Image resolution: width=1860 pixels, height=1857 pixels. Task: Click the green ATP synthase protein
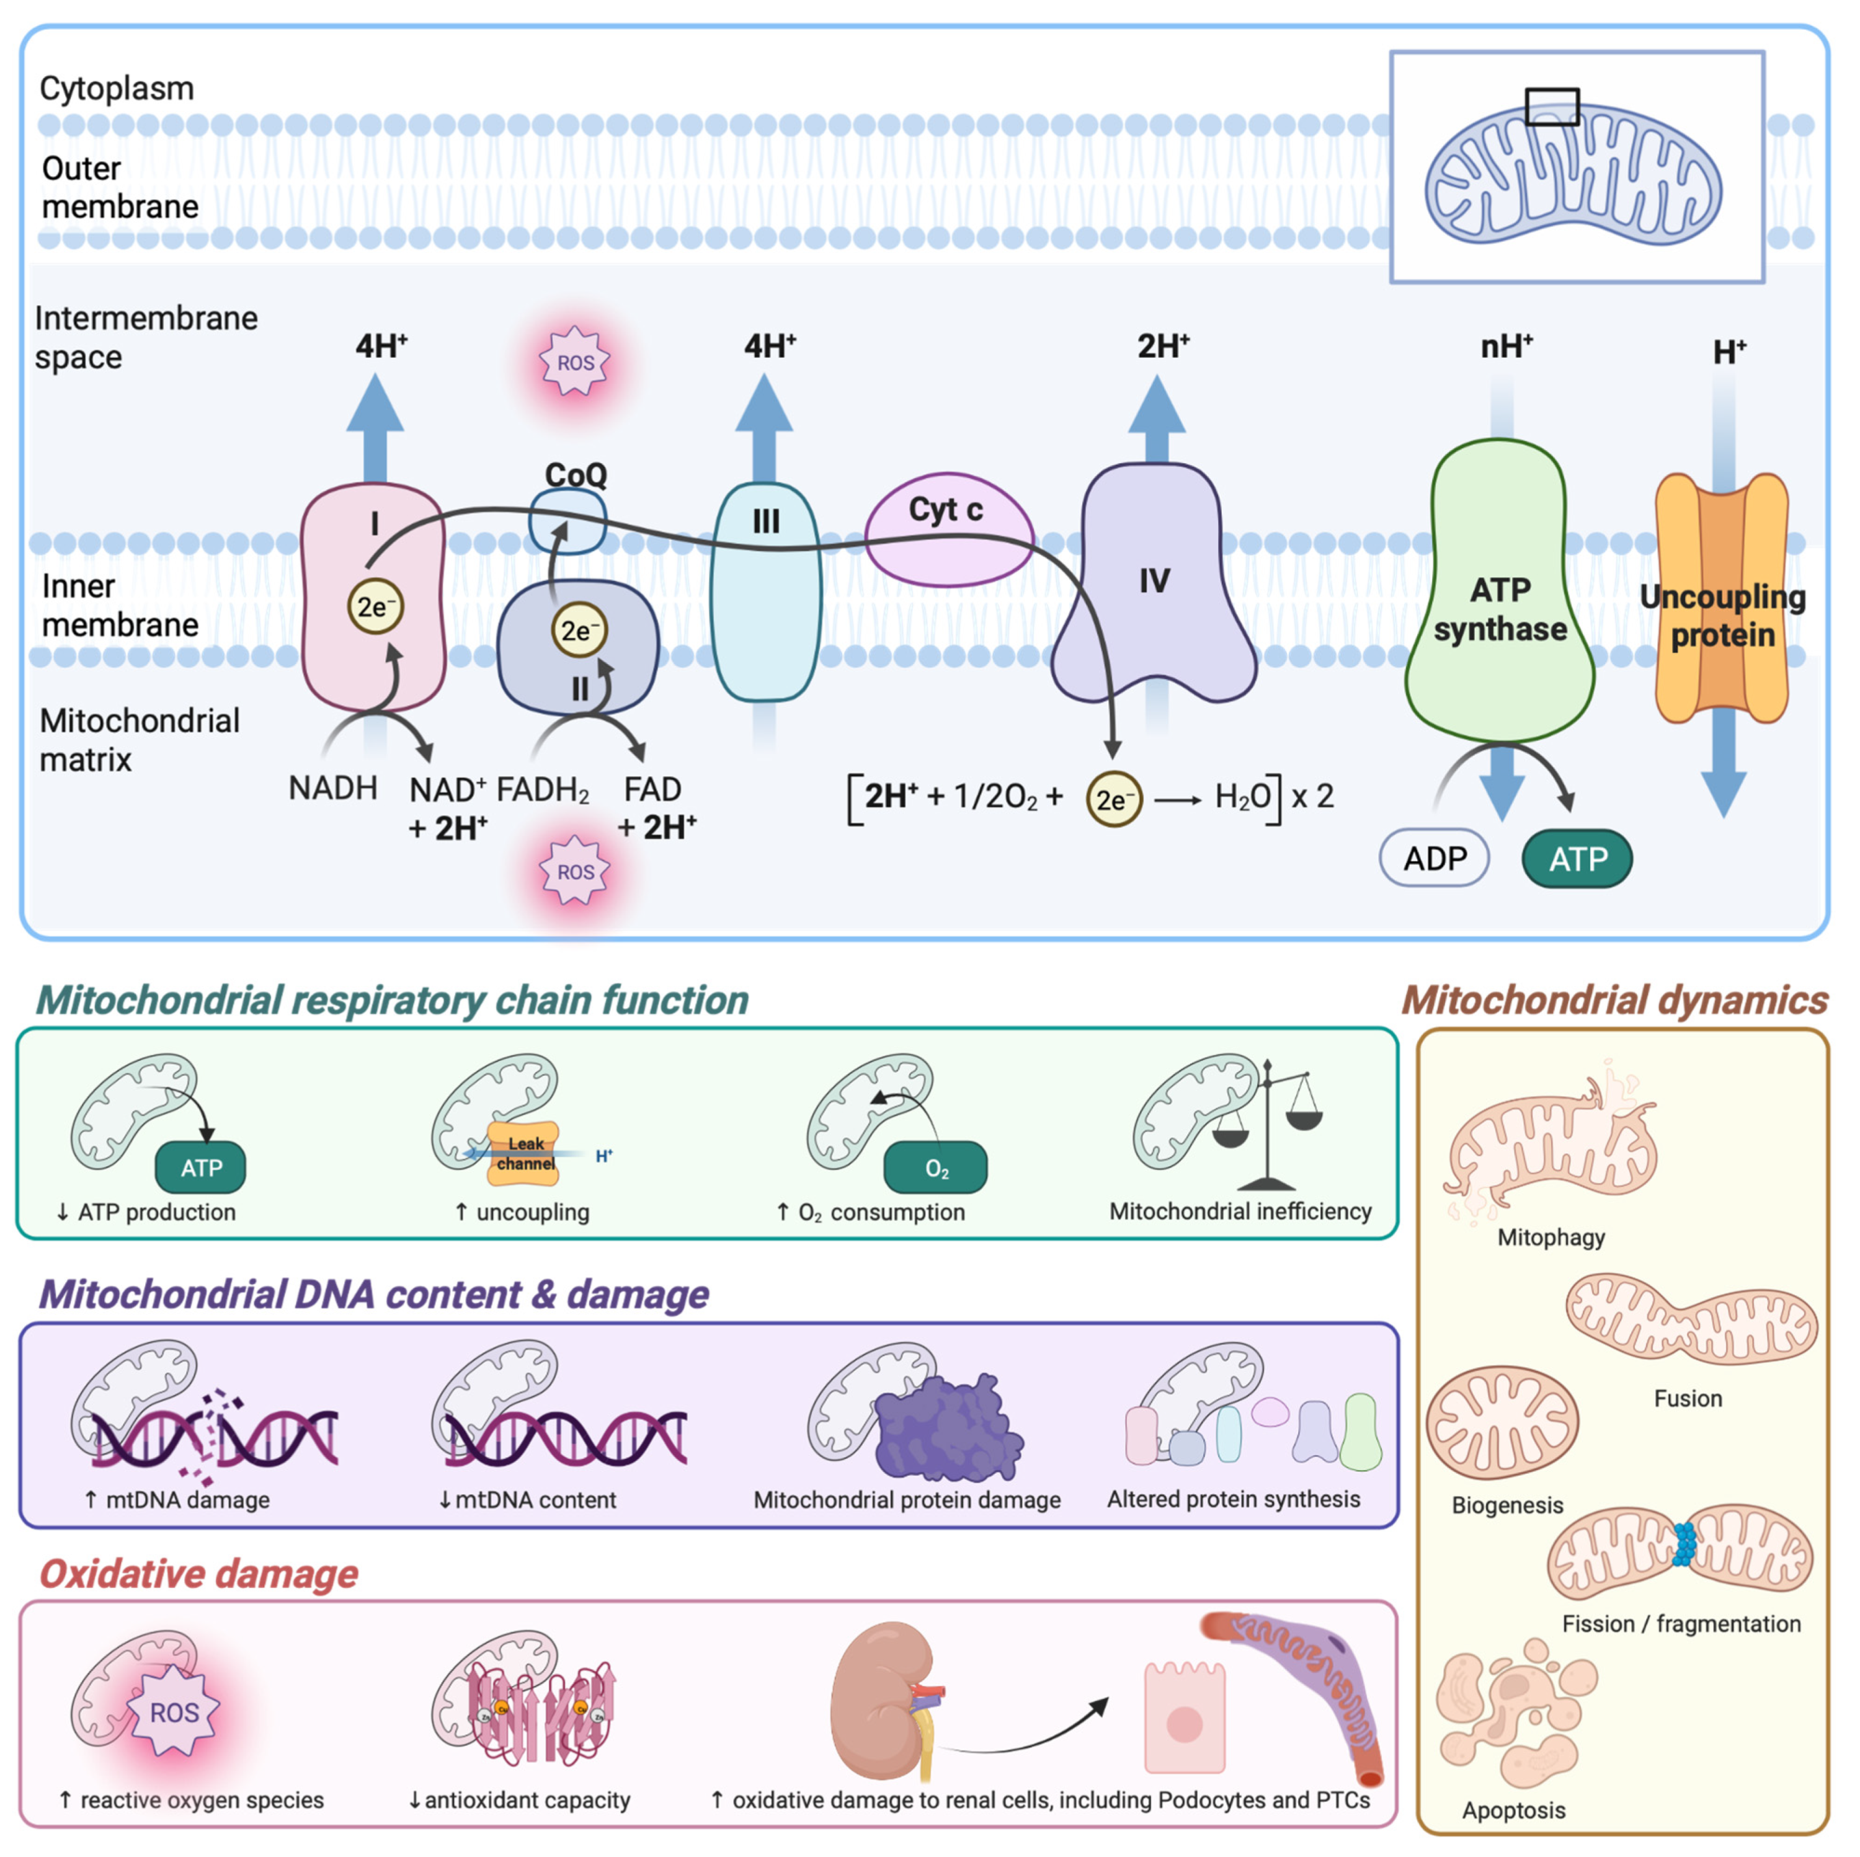pyautogui.click(x=1499, y=597)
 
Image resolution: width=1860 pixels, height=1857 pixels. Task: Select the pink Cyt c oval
pyautogui.click(x=948, y=530)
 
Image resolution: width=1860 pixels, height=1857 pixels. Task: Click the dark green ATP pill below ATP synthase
pyautogui.click(x=1577, y=859)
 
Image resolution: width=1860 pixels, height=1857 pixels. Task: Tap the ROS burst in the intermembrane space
pyautogui.click(x=575, y=363)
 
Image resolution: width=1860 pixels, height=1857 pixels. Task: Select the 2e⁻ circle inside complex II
pyautogui.click(x=579, y=631)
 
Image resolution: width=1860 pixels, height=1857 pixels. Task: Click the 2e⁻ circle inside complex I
pyautogui.click(x=375, y=606)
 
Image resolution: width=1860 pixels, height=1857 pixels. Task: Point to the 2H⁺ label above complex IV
pyautogui.click(x=1163, y=345)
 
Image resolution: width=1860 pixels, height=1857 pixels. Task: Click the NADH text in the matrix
pyautogui.click(x=333, y=789)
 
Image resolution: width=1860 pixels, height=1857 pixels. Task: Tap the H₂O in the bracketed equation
pyautogui.click(x=1242, y=797)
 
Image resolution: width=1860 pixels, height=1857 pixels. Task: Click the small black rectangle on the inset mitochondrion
pyautogui.click(x=1552, y=107)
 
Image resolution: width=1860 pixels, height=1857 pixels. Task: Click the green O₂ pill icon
pyautogui.click(x=936, y=1168)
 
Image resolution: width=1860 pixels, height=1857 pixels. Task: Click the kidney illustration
pyautogui.click(x=881, y=1699)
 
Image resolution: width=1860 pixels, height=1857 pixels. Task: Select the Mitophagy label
pyautogui.click(x=1550, y=1237)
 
